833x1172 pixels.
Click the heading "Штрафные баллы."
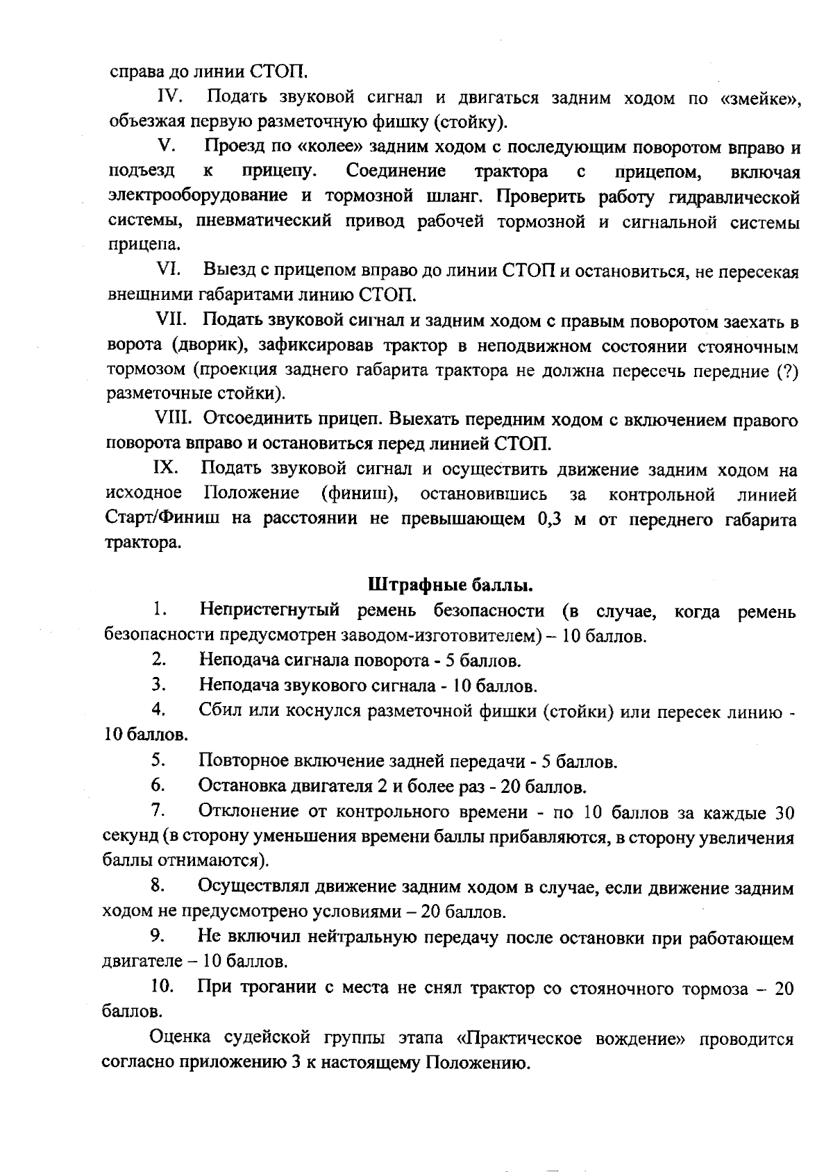pos(450,585)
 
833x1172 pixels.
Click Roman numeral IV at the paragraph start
pos(171,97)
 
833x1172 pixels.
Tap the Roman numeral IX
pos(167,469)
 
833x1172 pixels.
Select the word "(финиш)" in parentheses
pos(360,494)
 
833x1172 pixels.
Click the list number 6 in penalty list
pos(158,785)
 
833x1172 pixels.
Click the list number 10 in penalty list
pos(160,986)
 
